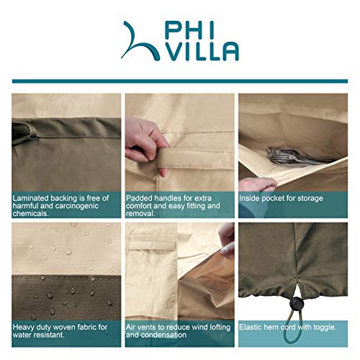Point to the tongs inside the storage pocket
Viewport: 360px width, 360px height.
click(285, 154)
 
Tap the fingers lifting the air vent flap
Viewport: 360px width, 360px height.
click(227, 237)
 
